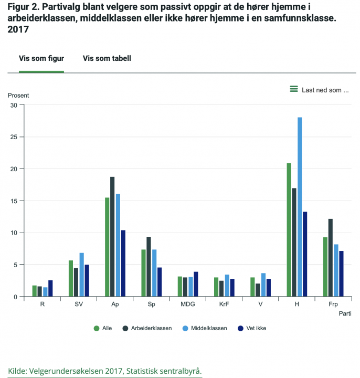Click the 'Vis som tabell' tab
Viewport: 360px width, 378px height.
[107, 58]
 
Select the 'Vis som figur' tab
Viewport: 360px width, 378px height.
[41, 58]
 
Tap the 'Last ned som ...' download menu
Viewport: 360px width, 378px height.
[320, 90]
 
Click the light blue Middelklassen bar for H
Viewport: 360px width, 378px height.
[300, 207]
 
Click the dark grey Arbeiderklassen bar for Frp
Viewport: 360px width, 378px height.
[330, 257]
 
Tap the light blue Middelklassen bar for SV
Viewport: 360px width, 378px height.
[82, 275]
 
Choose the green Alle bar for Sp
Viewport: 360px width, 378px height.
[143, 273]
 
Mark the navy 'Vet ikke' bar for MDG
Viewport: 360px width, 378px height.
[196, 284]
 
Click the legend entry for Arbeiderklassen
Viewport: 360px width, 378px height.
[147, 328]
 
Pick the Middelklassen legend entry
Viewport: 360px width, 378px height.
[206, 328]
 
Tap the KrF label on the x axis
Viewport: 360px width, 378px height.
[224, 304]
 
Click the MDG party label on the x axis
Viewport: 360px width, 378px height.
[188, 304]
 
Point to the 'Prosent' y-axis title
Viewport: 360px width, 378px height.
[18, 95]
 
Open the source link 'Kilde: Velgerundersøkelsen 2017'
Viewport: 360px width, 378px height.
[104, 371]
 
